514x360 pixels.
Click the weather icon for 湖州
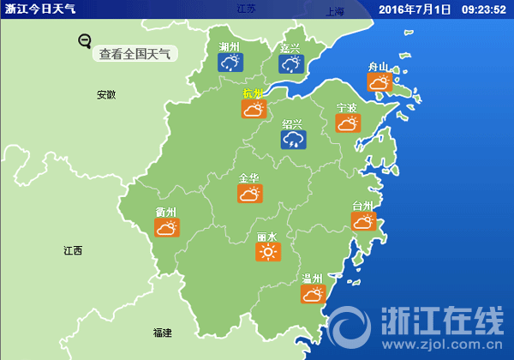click(x=230, y=63)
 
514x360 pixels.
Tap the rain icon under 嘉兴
click(x=290, y=64)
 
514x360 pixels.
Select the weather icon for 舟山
click(x=379, y=82)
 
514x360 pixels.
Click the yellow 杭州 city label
click(x=253, y=93)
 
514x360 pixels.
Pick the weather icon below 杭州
click(x=254, y=109)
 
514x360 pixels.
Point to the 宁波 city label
click(x=347, y=108)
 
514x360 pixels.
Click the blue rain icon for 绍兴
click(x=293, y=139)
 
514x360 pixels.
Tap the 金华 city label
click(x=249, y=178)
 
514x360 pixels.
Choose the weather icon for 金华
click(x=249, y=194)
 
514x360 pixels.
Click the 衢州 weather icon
click(x=166, y=228)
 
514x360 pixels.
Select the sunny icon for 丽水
click(x=268, y=251)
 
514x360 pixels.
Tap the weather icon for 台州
click(x=363, y=221)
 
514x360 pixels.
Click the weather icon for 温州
click(x=313, y=294)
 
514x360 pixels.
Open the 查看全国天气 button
click(x=134, y=54)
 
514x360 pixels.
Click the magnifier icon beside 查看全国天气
click(x=84, y=40)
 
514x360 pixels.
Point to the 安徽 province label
click(x=106, y=94)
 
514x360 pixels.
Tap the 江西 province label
click(x=73, y=251)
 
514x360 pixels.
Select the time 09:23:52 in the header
click(x=485, y=9)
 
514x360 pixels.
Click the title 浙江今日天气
click(x=40, y=9)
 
